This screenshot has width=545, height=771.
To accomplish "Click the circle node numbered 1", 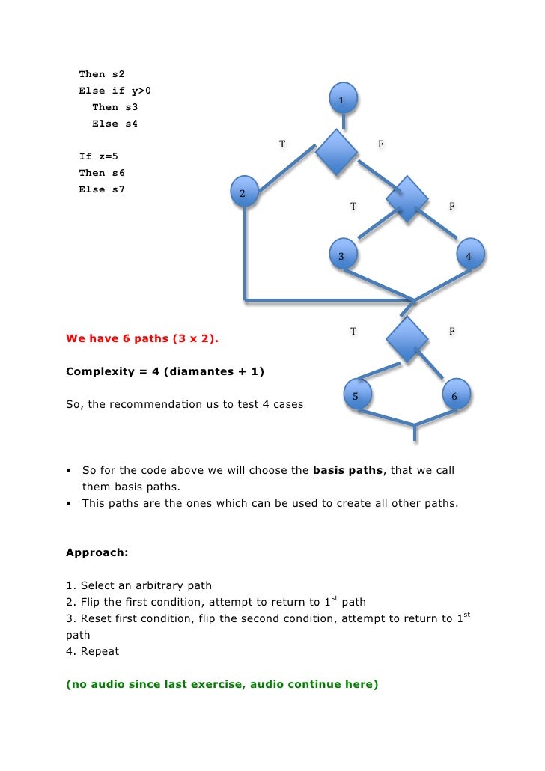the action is [342, 99].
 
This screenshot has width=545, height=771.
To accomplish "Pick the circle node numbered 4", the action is [469, 256].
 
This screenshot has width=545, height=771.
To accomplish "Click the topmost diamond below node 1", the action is [335, 153].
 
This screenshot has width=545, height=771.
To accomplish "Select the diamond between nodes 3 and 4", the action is [407, 199].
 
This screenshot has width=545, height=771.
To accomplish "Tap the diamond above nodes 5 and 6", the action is [407, 339].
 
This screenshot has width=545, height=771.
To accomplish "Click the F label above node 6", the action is [451, 330].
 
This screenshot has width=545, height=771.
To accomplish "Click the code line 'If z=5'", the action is [99, 156].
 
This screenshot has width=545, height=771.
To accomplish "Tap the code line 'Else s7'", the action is [102, 189].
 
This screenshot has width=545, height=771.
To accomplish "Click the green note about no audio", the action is [221, 684].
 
